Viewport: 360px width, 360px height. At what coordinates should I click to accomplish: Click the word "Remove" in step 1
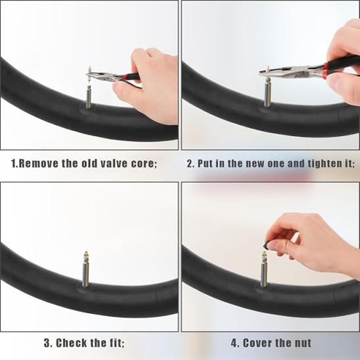click(38, 163)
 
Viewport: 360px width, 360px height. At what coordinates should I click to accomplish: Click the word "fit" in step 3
click(116, 343)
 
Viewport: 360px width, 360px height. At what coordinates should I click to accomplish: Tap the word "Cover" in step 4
click(258, 343)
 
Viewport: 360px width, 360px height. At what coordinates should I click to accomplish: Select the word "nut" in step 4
click(302, 344)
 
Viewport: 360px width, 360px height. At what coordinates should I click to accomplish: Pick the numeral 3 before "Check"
click(47, 343)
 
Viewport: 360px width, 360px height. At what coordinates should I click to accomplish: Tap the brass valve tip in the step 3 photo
click(86, 257)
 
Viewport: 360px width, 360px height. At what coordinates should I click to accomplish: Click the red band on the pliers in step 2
click(325, 71)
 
